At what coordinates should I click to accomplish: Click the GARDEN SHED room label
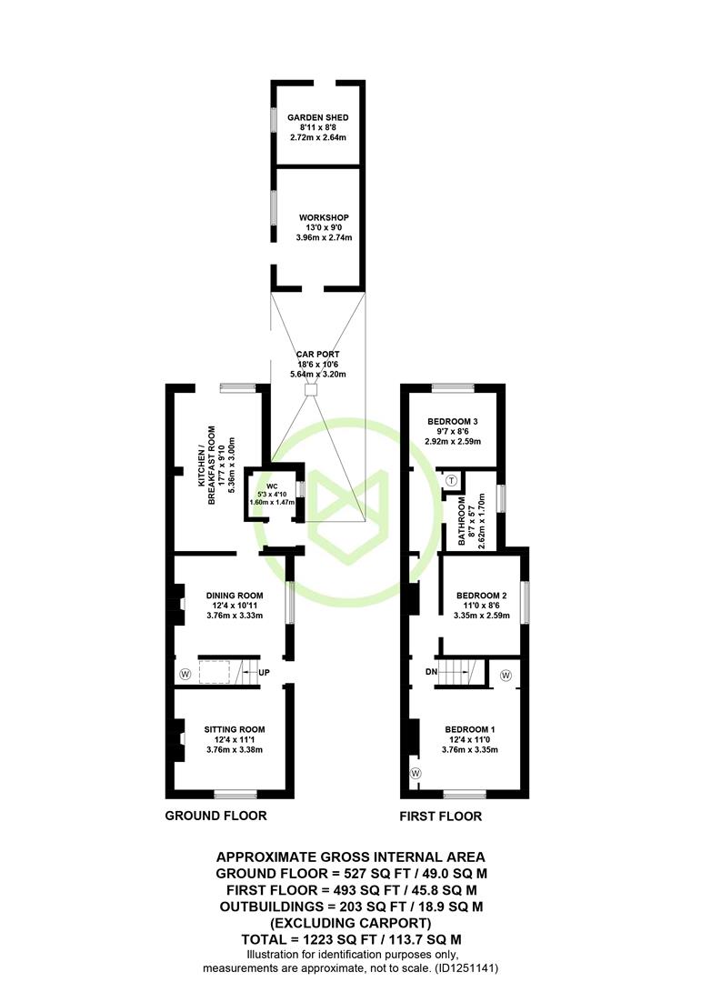(317, 117)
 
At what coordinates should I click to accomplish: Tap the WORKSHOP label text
(324, 217)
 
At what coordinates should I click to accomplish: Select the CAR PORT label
(317, 354)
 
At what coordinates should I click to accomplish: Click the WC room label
(272, 486)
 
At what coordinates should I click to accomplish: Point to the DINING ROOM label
(235, 596)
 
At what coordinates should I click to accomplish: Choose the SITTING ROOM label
(235, 729)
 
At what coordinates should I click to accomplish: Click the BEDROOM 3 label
(452, 422)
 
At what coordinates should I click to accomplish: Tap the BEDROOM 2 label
(481, 596)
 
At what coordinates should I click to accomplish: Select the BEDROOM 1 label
(470, 729)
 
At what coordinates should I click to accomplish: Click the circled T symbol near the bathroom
(452, 480)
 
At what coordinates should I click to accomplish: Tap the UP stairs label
(264, 673)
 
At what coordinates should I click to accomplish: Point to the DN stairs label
(431, 672)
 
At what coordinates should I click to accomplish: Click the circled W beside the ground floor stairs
(185, 675)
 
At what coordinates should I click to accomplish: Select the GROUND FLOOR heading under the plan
(215, 816)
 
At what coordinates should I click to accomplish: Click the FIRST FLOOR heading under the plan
(440, 816)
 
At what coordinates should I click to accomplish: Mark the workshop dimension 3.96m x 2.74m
(324, 238)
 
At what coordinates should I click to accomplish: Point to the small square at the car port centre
(311, 390)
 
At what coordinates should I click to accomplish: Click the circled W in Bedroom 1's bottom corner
(416, 774)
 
